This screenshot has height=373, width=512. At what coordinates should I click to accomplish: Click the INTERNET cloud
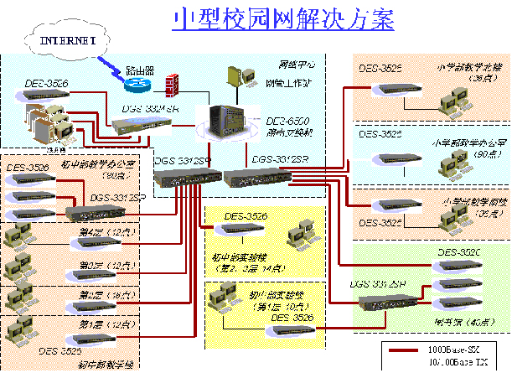point(64,39)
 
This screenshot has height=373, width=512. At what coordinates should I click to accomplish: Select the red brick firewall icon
point(173,85)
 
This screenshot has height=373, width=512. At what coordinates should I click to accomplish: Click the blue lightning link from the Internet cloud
point(112,66)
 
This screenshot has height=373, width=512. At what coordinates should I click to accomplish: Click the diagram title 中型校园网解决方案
point(283,20)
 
